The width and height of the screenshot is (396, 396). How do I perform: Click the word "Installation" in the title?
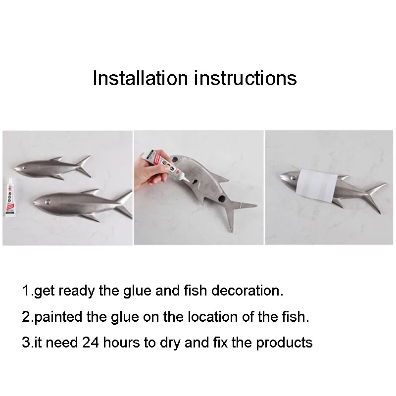tap(141, 78)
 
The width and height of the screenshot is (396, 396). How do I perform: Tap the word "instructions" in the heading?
tap(245, 78)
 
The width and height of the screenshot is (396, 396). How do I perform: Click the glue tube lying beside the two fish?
tap(10, 198)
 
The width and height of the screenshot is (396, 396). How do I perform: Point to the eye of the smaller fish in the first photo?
tap(25, 167)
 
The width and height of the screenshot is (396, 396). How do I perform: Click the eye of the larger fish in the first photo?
tap(47, 202)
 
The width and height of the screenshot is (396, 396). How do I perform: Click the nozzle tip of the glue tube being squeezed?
tap(187, 180)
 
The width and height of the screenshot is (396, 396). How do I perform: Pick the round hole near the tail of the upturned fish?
tap(221, 198)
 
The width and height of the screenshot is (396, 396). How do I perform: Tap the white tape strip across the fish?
tap(316, 186)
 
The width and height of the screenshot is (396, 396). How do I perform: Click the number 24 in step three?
tap(91, 343)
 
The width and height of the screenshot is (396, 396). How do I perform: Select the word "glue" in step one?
tap(137, 291)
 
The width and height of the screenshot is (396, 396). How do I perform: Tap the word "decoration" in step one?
tap(245, 291)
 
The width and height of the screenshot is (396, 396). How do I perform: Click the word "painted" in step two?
tap(58, 317)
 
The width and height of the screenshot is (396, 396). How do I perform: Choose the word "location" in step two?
tap(213, 317)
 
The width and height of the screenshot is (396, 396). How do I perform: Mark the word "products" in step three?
tap(284, 343)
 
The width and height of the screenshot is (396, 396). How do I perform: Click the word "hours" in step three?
tap(121, 343)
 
